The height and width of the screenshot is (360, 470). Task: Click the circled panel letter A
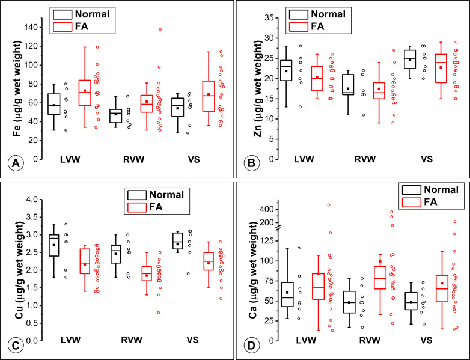pyautogui.click(x=13, y=162)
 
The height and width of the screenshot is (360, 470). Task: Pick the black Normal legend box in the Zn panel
pyautogui.click(x=298, y=13)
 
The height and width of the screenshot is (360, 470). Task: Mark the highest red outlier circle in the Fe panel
pyautogui.click(x=160, y=29)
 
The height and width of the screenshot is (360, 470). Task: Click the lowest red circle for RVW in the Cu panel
pyautogui.click(x=158, y=313)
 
